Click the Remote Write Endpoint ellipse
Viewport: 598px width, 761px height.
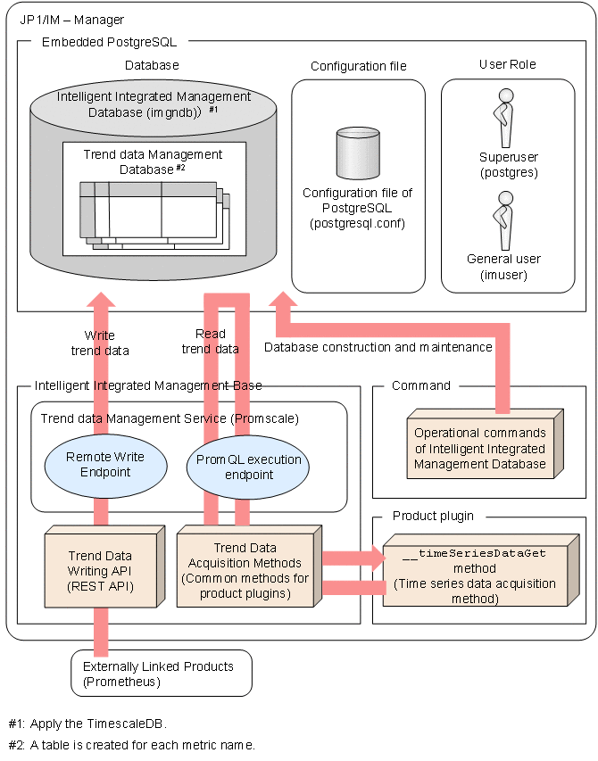(104, 464)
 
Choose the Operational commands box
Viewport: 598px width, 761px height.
(479, 447)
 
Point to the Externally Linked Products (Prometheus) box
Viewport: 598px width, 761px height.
(159, 674)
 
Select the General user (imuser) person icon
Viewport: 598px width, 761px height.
(504, 219)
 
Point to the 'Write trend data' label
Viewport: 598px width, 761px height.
(106, 343)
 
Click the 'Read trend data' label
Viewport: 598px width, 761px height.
(211, 341)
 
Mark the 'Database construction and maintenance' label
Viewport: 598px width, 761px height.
(378, 346)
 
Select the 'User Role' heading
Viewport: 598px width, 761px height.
(508, 65)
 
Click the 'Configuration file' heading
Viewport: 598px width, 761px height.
(358, 66)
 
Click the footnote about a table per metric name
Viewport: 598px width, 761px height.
(131, 745)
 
